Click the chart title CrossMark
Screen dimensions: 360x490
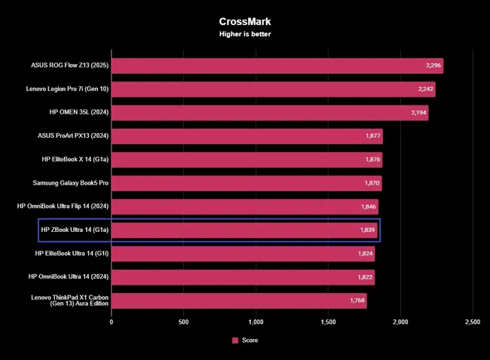tap(244, 23)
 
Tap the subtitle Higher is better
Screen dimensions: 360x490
tap(244, 34)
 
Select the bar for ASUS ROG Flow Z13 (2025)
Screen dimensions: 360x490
tap(277, 66)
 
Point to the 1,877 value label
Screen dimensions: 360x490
tap(370, 136)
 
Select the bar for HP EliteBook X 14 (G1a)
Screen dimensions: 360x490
tap(247, 160)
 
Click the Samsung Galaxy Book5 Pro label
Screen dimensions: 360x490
tap(70, 183)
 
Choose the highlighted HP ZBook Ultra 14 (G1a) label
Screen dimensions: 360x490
tap(72, 230)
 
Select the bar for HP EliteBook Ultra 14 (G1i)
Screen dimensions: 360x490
tap(243, 254)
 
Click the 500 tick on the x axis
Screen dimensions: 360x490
tap(183, 322)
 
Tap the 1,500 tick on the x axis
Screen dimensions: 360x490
tap(328, 322)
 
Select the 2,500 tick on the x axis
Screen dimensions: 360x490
tap(472, 322)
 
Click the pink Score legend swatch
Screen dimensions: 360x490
tap(235, 340)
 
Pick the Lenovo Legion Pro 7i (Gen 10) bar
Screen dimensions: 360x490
tap(273, 90)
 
